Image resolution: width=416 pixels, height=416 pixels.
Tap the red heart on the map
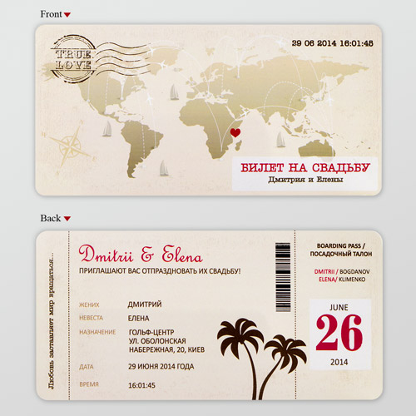click(x=235, y=131)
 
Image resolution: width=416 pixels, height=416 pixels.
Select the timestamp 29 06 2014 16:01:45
click(x=333, y=42)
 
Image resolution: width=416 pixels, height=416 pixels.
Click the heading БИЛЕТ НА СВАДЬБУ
click(x=305, y=168)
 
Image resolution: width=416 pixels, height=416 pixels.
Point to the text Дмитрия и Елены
click(x=305, y=181)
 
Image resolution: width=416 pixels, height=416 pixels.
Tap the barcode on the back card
click(x=283, y=280)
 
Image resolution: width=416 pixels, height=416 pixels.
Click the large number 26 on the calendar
click(x=340, y=334)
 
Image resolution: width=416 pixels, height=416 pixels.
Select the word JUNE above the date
click(x=340, y=307)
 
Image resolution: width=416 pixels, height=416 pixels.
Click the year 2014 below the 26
click(x=339, y=362)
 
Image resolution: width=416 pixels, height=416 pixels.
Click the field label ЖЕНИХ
click(x=91, y=305)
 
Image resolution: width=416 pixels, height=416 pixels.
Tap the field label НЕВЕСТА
click(x=92, y=318)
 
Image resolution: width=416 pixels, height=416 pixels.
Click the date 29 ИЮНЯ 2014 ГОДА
click(x=161, y=367)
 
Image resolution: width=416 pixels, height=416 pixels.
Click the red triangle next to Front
click(x=67, y=15)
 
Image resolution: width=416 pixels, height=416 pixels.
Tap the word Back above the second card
click(x=51, y=218)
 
